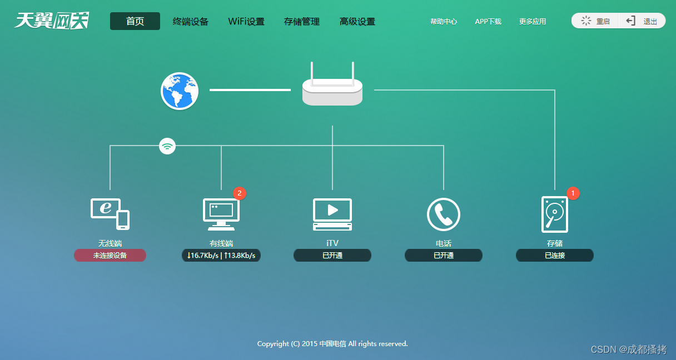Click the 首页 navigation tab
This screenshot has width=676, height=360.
click(x=135, y=21)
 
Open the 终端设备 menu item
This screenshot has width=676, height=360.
click(x=191, y=22)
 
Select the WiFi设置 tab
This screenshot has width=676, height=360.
click(x=246, y=22)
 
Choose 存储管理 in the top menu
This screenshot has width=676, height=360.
click(x=302, y=22)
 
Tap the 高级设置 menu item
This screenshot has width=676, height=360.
click(x=357, y=22)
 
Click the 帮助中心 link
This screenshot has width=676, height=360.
click(x=444, y=22)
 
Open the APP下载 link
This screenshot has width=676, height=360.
click(x=488, y=22)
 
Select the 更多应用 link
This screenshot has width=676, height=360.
click(x=533, y=22)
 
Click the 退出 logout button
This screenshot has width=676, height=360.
click(x=643, y=21)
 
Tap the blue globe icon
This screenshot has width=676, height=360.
click(x=180, y=91)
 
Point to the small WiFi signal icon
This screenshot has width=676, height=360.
click(x=167, y=146)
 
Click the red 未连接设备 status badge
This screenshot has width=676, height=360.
click(x=110, y=256)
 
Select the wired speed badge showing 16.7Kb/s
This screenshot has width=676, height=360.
click(x=221, y=256)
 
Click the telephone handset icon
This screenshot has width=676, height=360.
click(x=444, y=214)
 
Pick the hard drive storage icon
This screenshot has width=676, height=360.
click(x=555, y=214)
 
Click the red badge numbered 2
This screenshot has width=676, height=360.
click(x=240, y=193)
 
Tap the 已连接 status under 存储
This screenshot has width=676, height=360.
click(x=555, y=256)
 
